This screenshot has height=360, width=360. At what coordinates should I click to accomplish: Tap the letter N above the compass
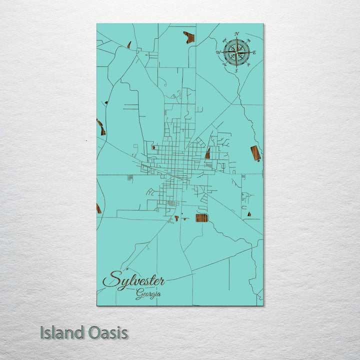236,33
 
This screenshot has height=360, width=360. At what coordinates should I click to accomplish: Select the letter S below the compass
236,71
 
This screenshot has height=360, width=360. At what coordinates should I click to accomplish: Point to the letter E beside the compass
254,52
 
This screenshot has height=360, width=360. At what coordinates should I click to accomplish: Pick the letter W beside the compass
218,52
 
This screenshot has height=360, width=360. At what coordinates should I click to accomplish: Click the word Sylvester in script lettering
133,280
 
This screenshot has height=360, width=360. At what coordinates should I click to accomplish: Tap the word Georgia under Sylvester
148,294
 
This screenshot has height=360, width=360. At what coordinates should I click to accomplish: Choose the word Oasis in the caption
107,333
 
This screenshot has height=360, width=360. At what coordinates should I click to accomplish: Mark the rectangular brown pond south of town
201,217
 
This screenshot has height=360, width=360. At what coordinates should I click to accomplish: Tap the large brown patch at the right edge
255,153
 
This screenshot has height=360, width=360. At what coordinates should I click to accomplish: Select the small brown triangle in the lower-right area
249,214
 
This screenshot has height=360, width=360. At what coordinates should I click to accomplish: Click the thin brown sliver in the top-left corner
129,45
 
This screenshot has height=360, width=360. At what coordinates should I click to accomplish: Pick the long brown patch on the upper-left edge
101,127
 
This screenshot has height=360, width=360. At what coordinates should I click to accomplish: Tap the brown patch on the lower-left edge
98,208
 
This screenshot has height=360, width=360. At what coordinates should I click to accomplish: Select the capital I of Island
42,333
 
